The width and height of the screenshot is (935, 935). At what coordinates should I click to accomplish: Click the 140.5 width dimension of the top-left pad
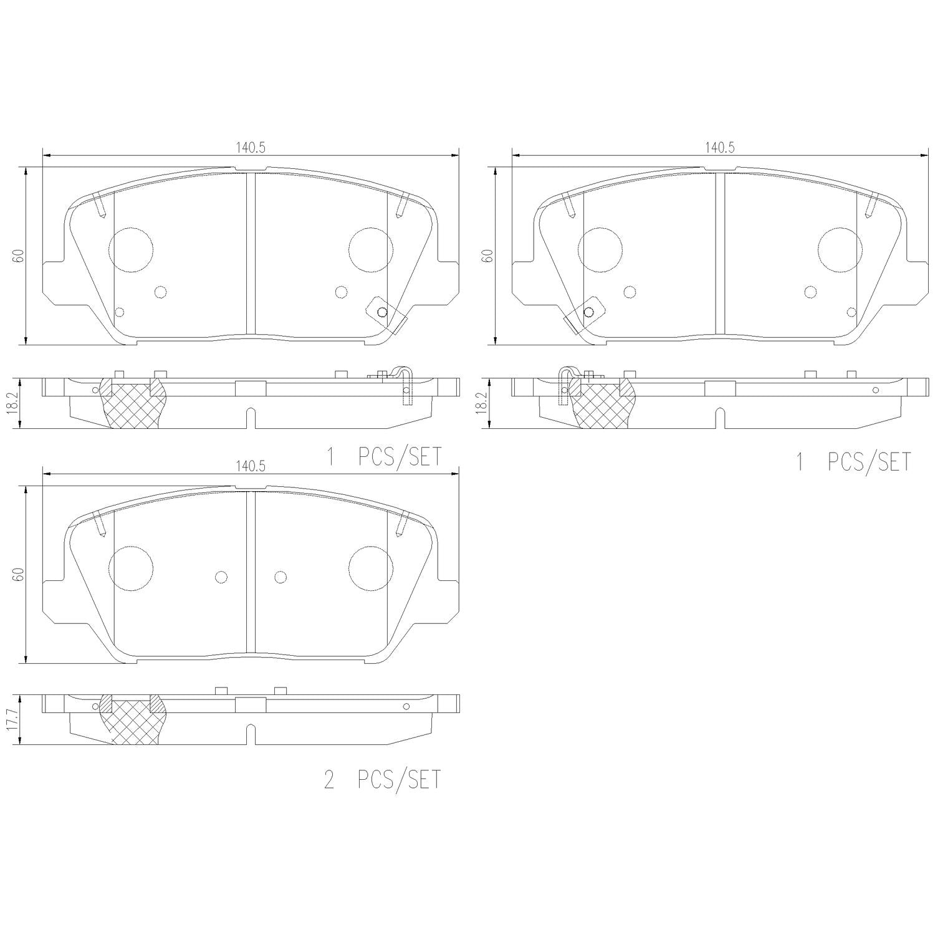pyautogui.click(x=251, y=148)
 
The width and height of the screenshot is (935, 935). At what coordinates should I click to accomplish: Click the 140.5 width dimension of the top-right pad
pyautogui.click(x=720, y=148)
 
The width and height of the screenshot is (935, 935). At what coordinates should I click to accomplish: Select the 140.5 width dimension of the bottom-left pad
pyautogui.click(x=251, y=466)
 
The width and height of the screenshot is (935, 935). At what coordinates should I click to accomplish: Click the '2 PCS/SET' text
pyautogui.click(x=382, y=780)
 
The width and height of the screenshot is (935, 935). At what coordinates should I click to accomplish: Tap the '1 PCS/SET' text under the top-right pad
pyautogui.click(x=853, y=462)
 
